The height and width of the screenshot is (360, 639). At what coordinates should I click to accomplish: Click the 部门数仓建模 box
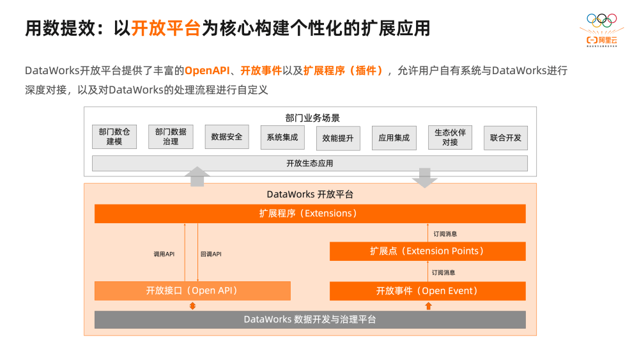point(114,137)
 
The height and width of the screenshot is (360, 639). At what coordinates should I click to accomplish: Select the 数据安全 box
point(227,137)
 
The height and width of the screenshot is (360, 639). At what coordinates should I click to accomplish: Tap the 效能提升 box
point(337,137)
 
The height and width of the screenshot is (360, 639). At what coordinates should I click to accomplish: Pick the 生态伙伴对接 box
point(450,137)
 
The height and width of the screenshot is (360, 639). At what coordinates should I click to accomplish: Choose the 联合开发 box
point(505,137)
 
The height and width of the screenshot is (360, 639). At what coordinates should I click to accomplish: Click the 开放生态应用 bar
point(310,164)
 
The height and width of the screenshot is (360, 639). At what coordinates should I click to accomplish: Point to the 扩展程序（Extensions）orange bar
point(310,214)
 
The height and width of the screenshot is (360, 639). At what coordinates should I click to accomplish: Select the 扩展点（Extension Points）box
point(427,251)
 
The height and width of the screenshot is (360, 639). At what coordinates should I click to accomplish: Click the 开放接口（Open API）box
point(192,291)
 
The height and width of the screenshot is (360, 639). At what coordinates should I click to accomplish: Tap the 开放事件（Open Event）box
point(427,291)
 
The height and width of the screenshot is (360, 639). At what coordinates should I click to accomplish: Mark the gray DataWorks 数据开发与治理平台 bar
point(310,320)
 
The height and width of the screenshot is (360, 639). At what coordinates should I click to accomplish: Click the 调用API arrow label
point(164,254)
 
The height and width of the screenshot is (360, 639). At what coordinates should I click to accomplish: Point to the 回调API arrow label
point(211,254)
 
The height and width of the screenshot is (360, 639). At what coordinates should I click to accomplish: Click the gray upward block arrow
point(197,176)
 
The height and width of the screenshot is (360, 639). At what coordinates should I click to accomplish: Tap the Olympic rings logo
point(602,20)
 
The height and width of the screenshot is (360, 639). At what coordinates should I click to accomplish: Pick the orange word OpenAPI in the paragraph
point(206,70)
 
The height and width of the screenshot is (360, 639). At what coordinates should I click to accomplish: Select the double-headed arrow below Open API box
point(192,306)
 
